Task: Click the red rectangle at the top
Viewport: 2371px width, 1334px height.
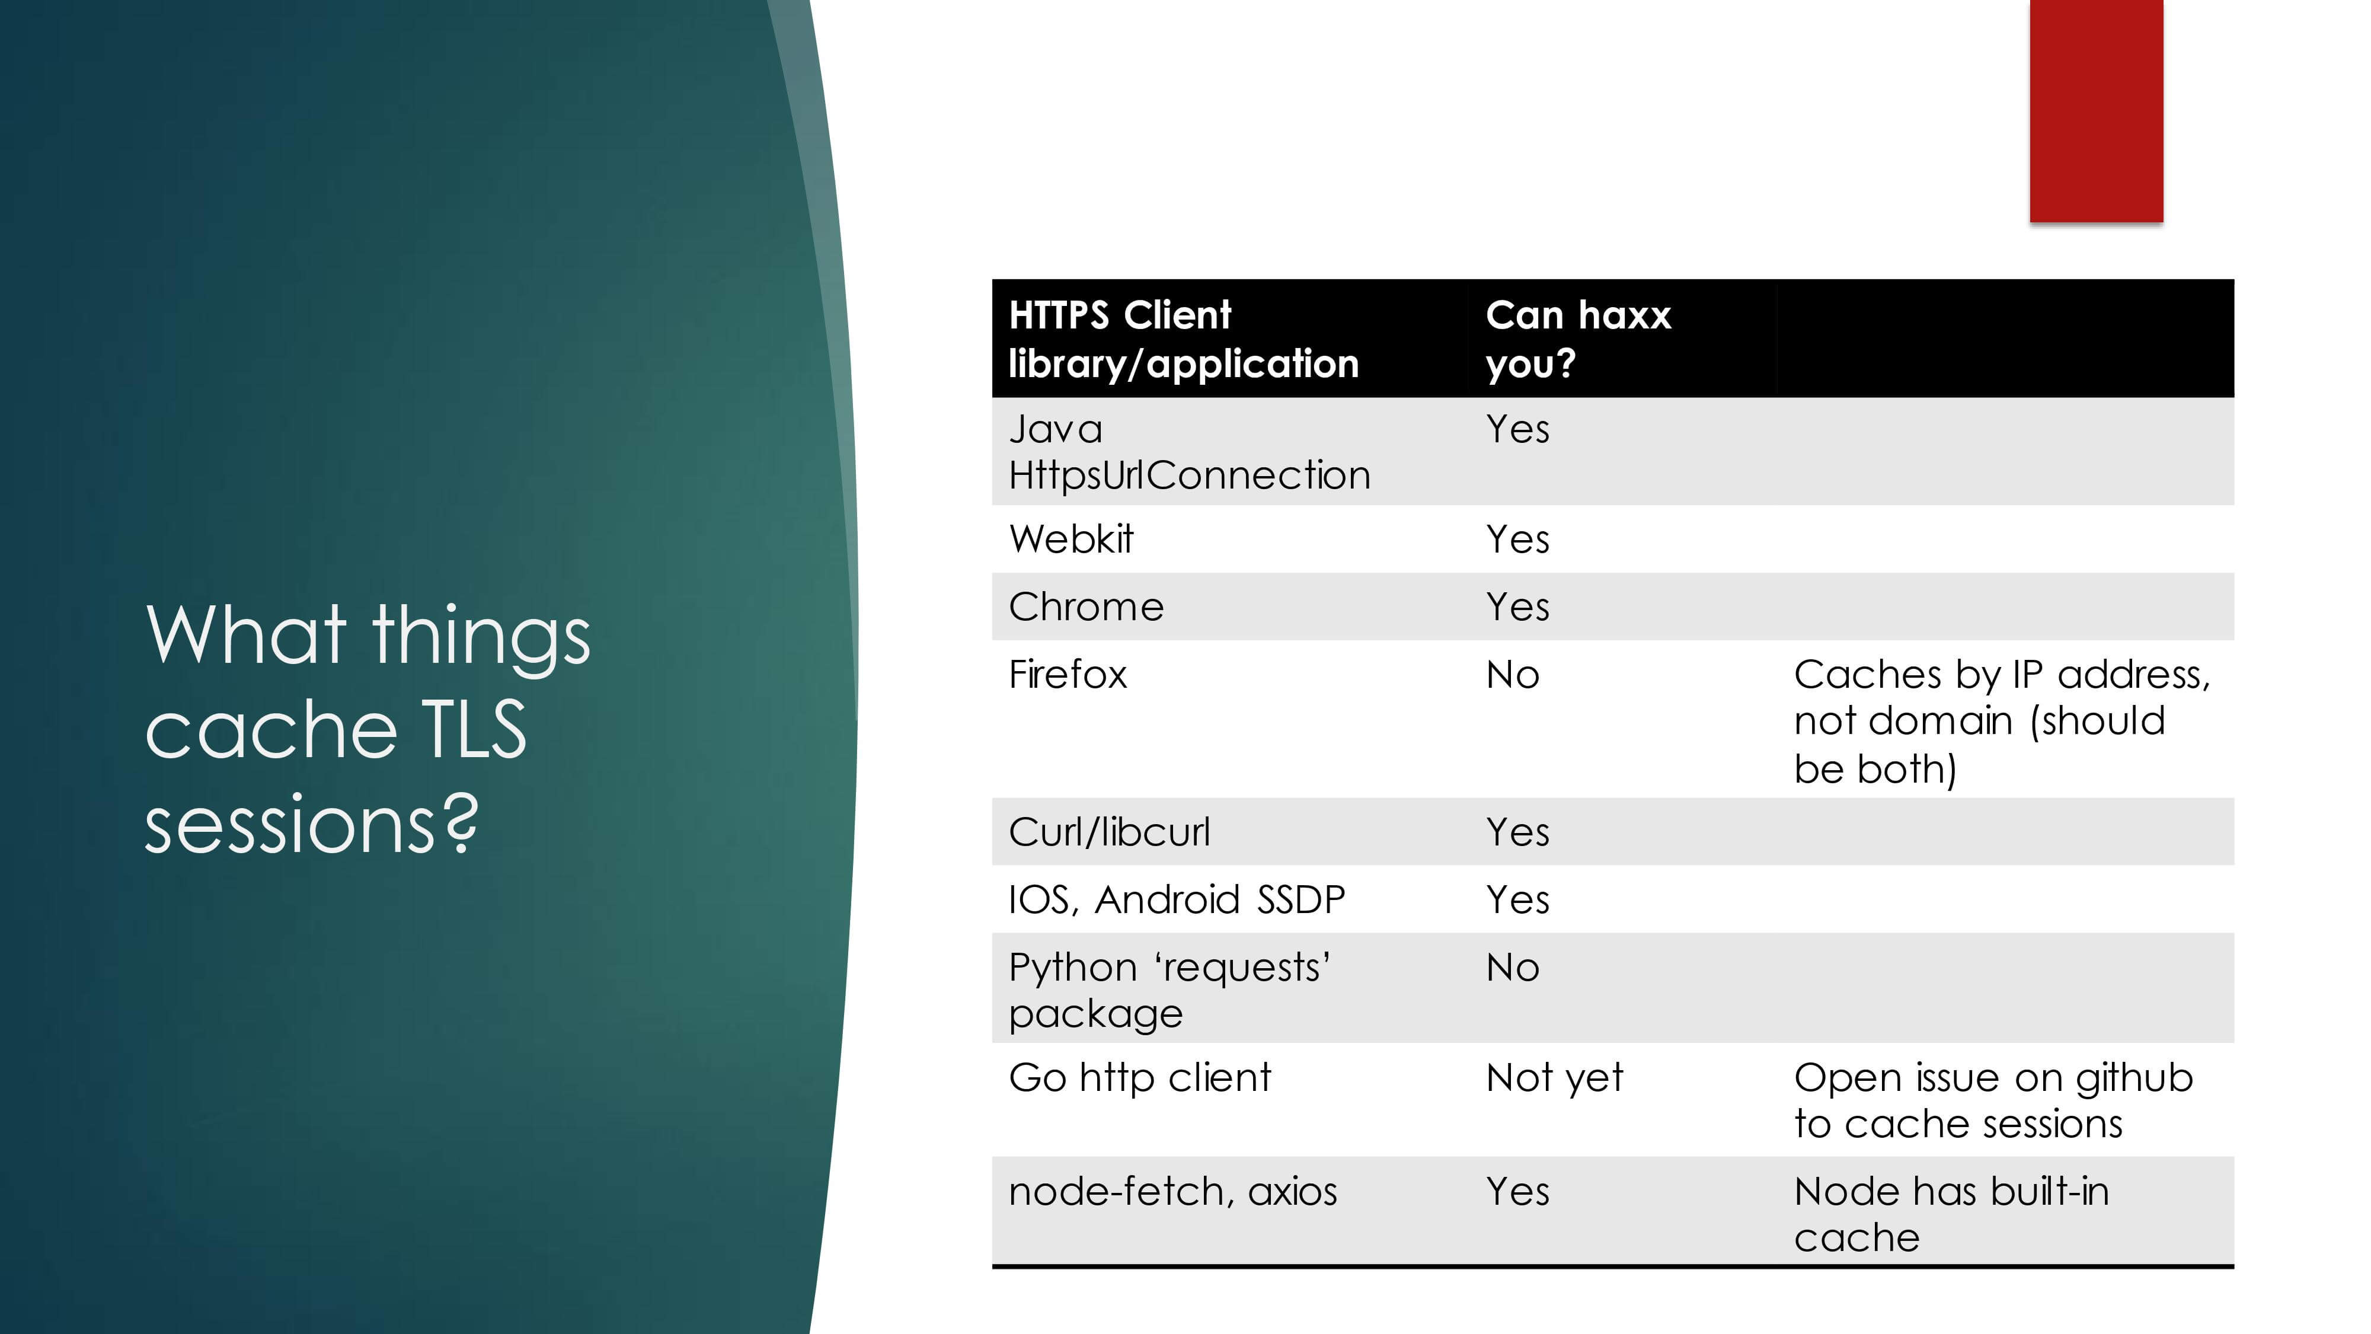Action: pos(2096,110)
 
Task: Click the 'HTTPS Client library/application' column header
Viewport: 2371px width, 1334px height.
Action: pos(1184,339)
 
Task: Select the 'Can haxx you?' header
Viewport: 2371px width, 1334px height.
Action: pos(1577,339)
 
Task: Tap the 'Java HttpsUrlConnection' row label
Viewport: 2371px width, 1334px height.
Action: pos(1189,452)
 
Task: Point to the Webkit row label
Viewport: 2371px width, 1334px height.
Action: pos(1071,538)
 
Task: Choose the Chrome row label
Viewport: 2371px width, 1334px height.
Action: pos(1086,607)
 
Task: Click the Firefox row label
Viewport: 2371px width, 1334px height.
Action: pos(1068,674)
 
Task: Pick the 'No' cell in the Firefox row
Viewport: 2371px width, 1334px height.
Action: pos(1512,675)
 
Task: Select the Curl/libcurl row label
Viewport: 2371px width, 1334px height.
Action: pos(1109,831)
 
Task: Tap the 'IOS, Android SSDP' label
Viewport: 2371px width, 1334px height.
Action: pos(1176,899)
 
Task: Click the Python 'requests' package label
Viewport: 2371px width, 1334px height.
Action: pos(1169,990)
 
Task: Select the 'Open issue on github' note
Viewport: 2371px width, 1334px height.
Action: pos(1993,1078)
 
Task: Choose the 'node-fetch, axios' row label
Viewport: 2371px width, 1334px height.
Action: pos(1172,1191)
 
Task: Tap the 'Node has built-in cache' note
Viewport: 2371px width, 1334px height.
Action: pos(1951,1214)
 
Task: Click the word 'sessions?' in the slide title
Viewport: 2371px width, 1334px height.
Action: pos(312,823)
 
